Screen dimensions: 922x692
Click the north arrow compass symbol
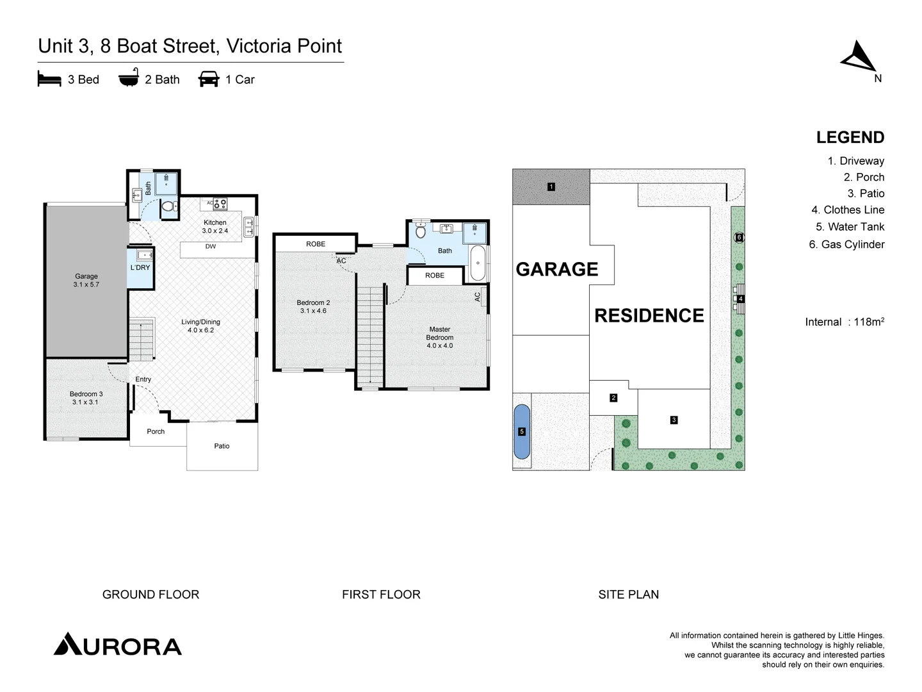859,57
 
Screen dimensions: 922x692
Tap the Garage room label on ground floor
86,280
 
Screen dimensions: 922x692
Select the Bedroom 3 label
86,398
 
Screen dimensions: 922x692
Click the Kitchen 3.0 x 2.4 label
215,226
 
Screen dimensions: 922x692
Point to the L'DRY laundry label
140,267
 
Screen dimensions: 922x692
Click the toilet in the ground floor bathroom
168,206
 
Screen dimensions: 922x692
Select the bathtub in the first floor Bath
478,263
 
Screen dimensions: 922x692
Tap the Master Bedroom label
440,337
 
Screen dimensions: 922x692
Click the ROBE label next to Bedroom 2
316,243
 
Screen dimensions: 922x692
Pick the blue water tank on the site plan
522,431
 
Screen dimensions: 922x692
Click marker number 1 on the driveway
551,187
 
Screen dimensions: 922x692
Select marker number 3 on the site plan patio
674,420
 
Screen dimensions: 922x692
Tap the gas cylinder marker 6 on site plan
739,237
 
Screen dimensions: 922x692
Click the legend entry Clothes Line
848,210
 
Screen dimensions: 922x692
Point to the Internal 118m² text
845,322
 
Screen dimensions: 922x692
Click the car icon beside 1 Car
209,79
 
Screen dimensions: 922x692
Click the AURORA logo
118,645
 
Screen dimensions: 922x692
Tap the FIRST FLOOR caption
381,595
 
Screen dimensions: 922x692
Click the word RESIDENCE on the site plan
649,315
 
